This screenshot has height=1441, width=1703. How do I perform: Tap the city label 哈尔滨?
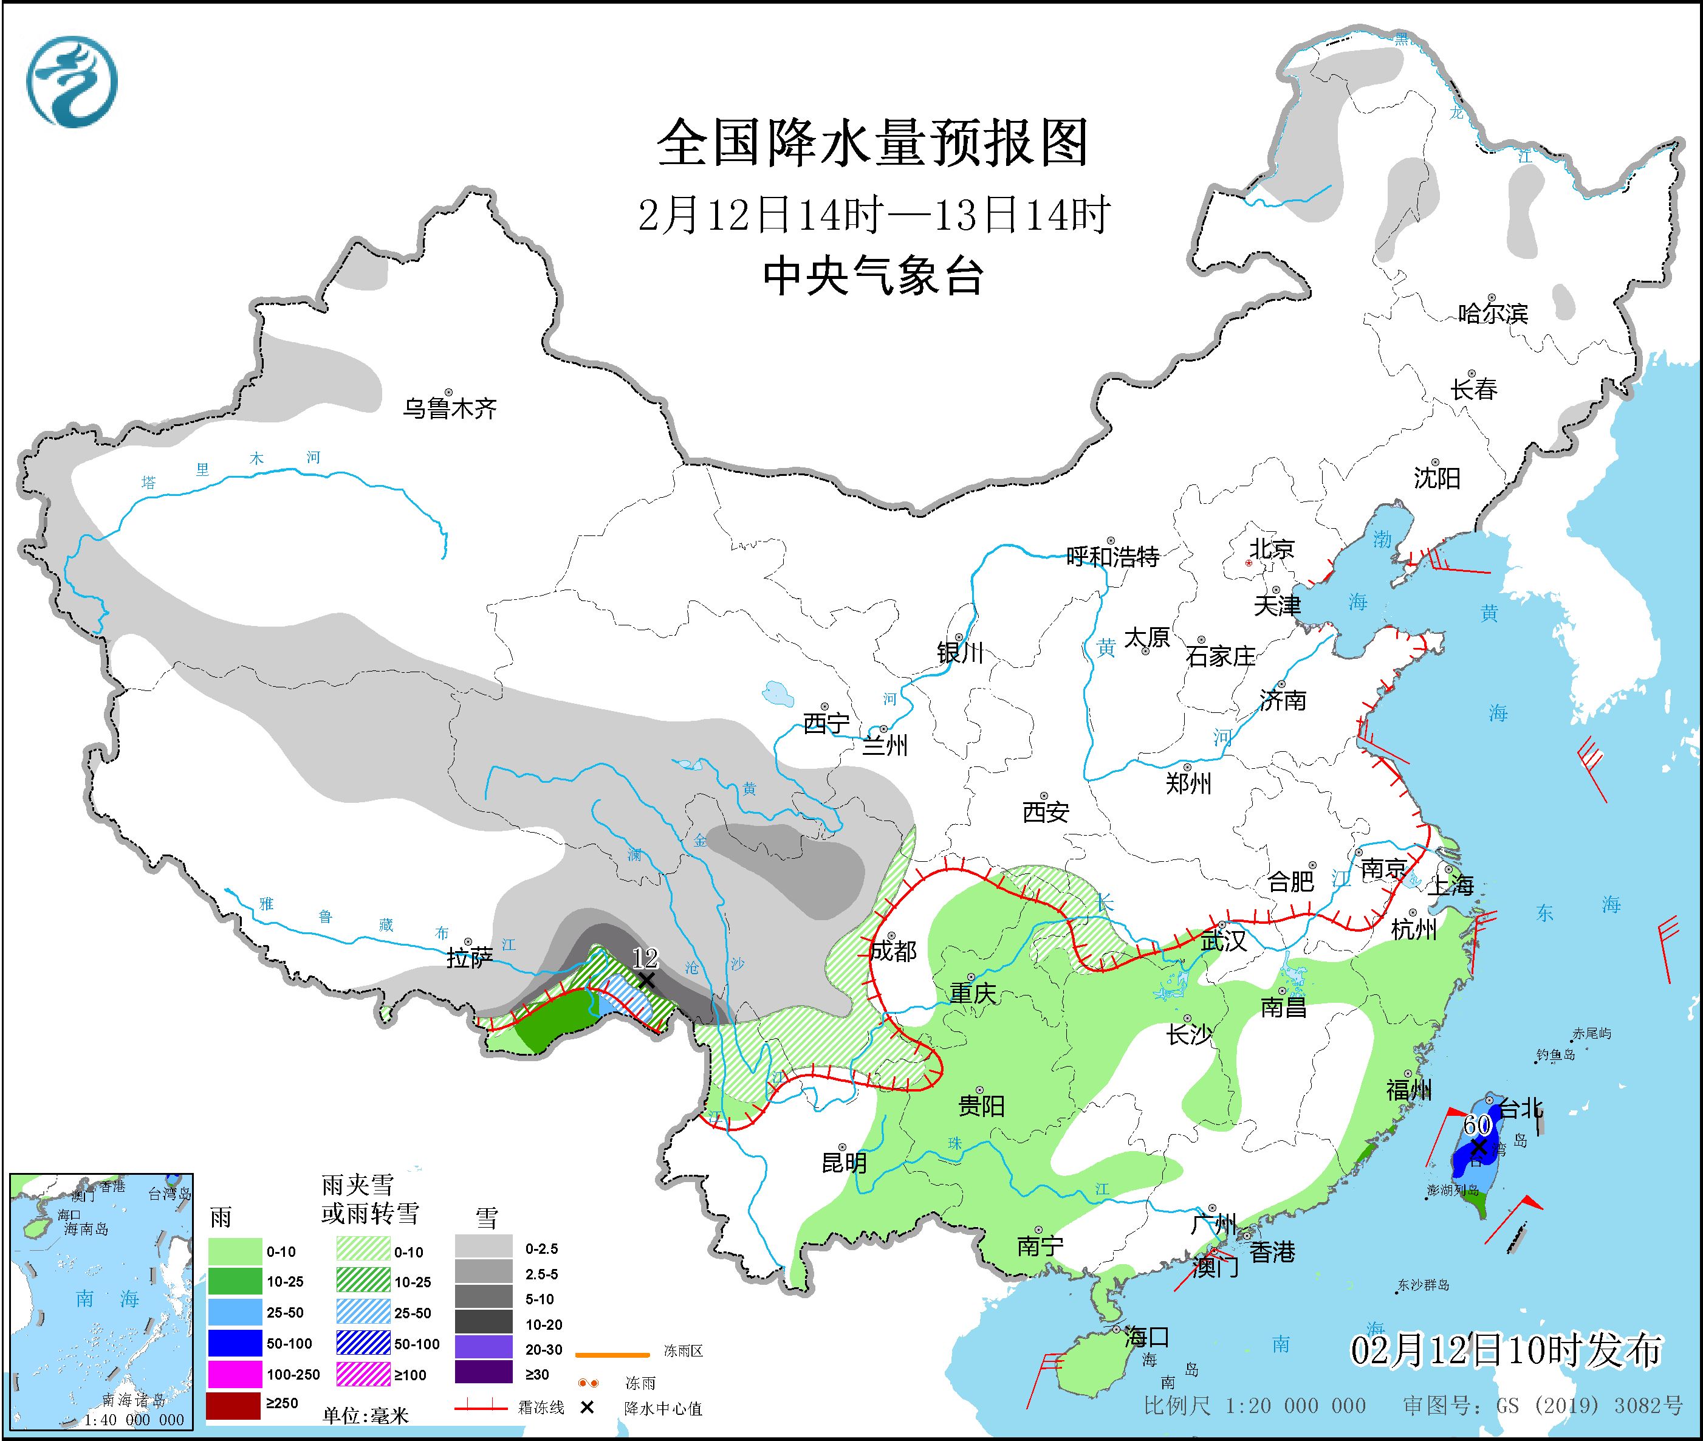coord(1492,314)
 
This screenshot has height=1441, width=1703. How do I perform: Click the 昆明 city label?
coord(844,1163)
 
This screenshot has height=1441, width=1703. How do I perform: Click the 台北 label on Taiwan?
coord(1521,1109)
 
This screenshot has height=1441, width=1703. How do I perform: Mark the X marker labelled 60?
coord(1478,1147)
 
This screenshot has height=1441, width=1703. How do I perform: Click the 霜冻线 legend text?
coord(541,1408)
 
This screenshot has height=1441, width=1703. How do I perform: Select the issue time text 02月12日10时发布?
coord(1506,1351)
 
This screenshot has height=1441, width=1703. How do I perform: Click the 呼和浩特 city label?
coord(1112,557)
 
